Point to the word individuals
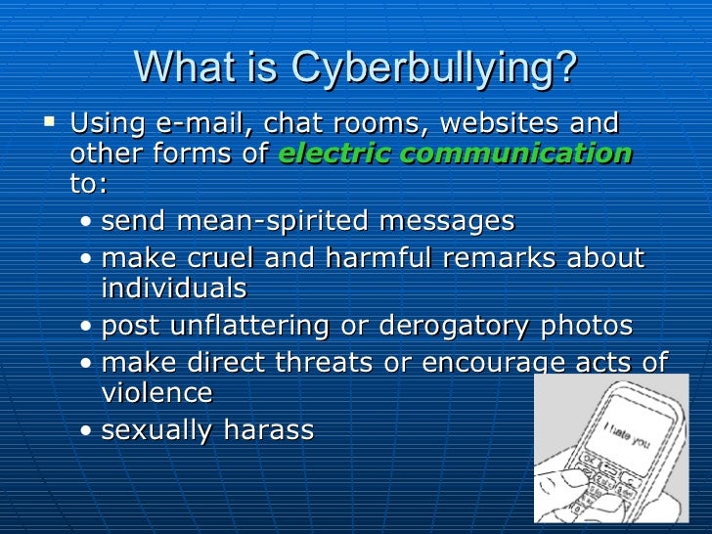pos(174,289)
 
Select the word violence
pos(157,393)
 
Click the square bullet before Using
pos(52,124)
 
